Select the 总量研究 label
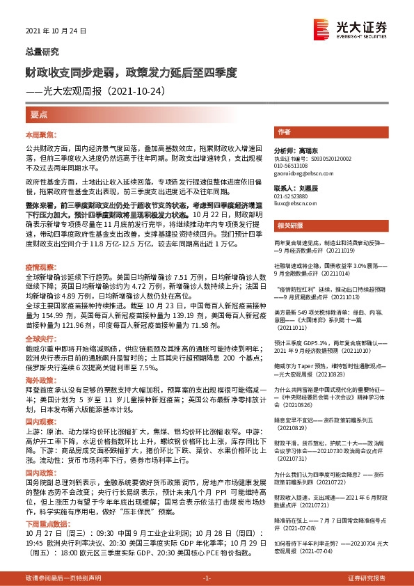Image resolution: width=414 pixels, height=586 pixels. (x=42, y=52)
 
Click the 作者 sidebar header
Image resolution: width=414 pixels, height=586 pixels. (x=283, y=132)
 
